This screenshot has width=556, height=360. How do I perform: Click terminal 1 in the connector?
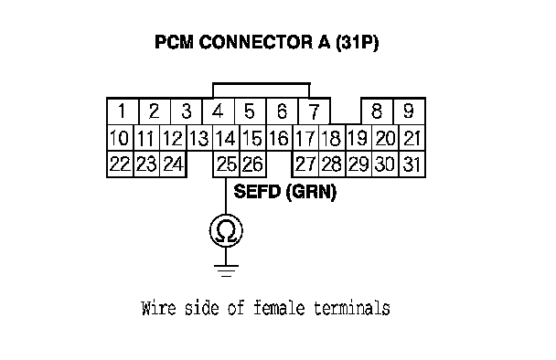tap(123, 111)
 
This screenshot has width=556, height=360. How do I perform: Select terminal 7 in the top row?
tap(315, 111)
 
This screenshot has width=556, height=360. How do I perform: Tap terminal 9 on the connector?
tap(409, 111)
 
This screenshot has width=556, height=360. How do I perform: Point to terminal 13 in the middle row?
tap(199, 138)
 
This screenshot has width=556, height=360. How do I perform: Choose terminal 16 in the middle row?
tap(279, 138)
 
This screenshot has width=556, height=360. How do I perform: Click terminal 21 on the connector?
tap(412, 138)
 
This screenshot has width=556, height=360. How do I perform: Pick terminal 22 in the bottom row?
tap(120, 164)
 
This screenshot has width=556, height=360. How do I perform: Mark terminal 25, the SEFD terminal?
tap(226, 164)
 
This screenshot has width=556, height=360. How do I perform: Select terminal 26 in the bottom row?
tap(252, 164)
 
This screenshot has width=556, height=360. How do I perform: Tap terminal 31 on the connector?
tap(412, 164)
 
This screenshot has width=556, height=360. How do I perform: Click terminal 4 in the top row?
tap(218, 111)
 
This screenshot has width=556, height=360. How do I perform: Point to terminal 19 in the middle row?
tap(358, 138)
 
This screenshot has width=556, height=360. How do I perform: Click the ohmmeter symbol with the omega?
tap(226, 230)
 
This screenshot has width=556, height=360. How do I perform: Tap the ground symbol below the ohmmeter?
tap(226, 270)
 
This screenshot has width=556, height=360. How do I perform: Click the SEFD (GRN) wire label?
tap(284, 192)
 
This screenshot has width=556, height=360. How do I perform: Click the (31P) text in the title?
tap(357, 43)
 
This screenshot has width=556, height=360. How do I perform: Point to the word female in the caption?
tap(279, 308)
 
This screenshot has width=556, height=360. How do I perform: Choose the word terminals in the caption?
tap(352, 308)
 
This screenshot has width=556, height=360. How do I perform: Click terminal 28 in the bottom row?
tap(332, 164)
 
